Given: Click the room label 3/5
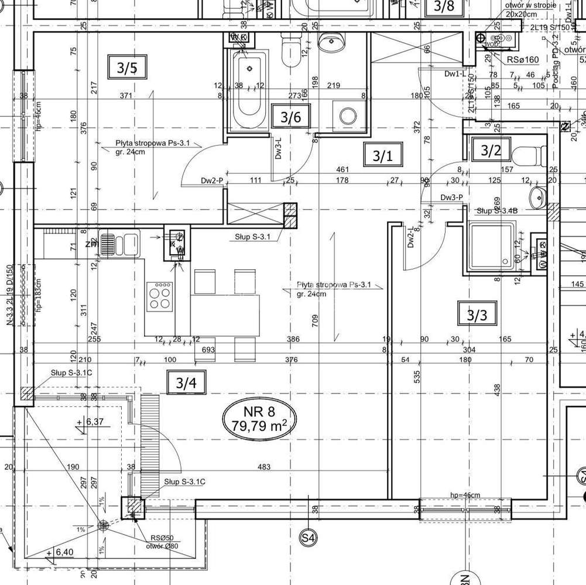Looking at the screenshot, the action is [126, 68].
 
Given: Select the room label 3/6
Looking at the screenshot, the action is [290, 116].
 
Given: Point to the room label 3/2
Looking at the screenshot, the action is [491, 150].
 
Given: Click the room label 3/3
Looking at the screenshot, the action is [477, 316].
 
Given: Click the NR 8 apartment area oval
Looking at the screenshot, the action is [260, 417].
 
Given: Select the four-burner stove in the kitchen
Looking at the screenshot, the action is [159, 296].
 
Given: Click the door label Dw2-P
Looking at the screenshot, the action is [212, 181].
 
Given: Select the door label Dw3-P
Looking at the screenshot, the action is [453, 197].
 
